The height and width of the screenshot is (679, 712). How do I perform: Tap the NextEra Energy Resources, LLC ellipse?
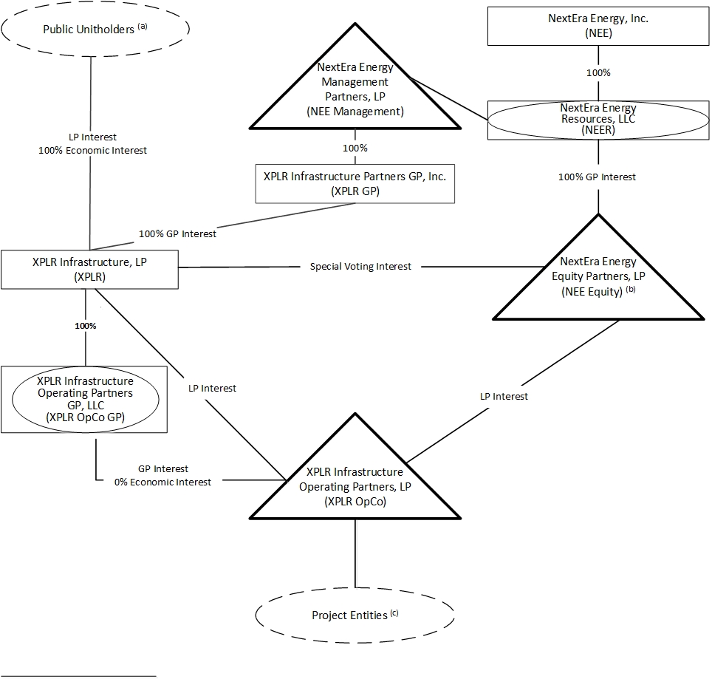click(x=598, y=120)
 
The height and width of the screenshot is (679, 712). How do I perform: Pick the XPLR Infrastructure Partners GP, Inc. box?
click(x=355, y=183)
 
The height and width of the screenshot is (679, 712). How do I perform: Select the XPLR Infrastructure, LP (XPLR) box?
click(x=89, y=269)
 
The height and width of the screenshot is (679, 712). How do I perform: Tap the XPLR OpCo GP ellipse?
click(x=85, y=399)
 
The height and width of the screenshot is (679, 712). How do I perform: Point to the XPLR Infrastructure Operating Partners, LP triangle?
click(x=355, y=480)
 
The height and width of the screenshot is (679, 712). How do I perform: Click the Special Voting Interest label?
click(x=360, y=266)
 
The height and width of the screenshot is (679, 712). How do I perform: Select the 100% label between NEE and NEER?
click(x=598, y=73)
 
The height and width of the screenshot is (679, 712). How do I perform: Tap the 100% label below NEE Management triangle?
click(x=355, y=148)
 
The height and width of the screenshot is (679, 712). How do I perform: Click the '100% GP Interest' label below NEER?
click(x=598, y=177)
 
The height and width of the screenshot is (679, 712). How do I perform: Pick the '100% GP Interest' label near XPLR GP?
click(x=178, y=234)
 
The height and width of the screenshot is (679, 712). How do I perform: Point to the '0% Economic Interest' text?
click(x=162, y=482)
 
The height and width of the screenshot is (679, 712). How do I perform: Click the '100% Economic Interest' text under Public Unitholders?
click(x=92, y=150)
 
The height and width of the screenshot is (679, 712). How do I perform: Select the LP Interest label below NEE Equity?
click(x=504, y=397)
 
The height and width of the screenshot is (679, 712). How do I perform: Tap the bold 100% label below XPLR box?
click(x=85, y=325)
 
